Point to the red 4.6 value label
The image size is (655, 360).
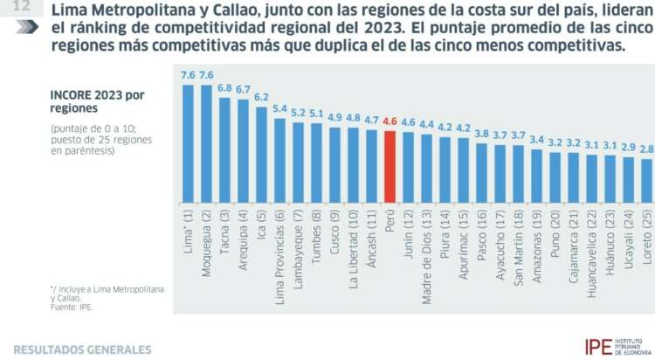click(390, 122)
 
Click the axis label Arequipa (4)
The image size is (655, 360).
click(243, 227)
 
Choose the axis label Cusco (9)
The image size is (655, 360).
click(335, 223)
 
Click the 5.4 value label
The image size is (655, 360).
click(280, 109)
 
